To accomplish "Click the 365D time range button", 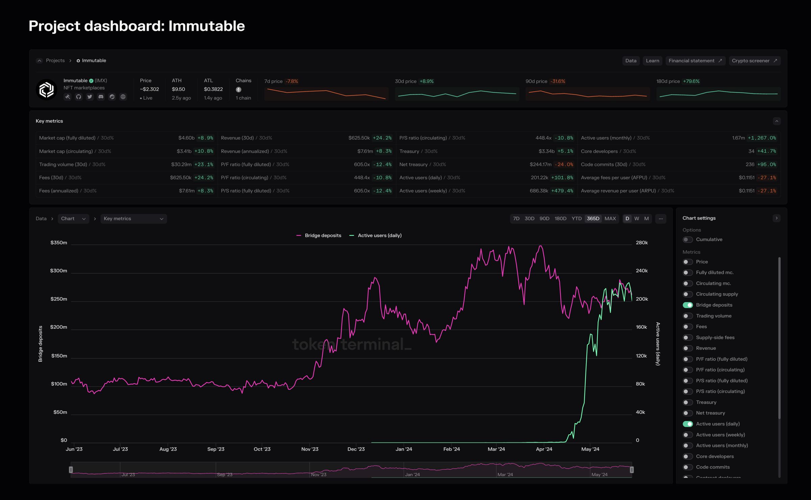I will tap(593, 219).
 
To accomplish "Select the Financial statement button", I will tap(695, 61).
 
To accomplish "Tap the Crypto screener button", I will tap(754, 61).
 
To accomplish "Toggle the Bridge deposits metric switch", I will tap(688, 305).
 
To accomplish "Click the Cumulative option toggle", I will tap(688, 240).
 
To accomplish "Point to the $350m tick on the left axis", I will tap(59, 243).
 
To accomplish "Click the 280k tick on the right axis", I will tap(642, 243).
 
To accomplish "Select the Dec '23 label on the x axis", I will tap(356, 449).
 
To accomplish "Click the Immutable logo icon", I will tap(46, 90).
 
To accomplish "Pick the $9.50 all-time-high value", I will tap(178, 89).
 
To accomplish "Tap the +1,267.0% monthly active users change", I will tap(762, 138).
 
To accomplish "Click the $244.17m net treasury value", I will tap(540, 165).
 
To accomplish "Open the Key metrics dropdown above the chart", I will tap(133, 219).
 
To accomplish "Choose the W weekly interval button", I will tap(637, 219).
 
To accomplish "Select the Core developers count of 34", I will tap(751, 151).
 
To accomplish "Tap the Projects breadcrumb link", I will tap(55, 60).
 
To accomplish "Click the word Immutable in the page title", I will tap(206, 26).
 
